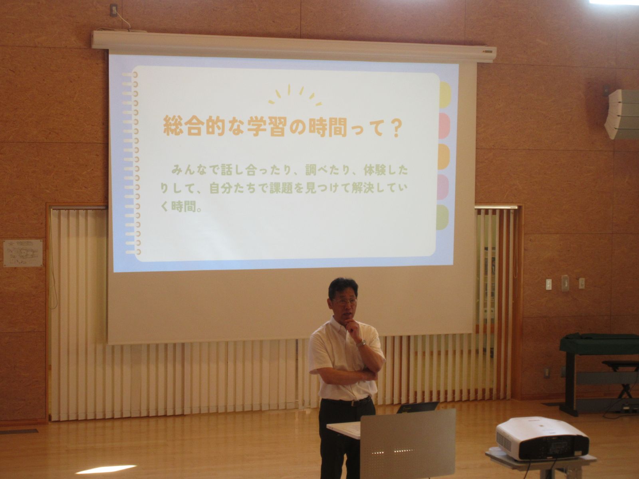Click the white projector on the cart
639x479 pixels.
tap(542, 439)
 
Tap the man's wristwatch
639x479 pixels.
tap(361, 343)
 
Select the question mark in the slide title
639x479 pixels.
tap(396, 127)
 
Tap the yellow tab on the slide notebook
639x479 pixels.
tap(445, 95)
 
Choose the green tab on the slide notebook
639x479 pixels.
tap(442, 218)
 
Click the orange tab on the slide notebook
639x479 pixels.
tap(444, 156)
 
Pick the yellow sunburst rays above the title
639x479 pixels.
tap(295, 95)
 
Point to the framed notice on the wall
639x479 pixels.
tap(23, 253)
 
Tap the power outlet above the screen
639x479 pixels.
tap(114, 10)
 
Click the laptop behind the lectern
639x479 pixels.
tap(418, 407)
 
